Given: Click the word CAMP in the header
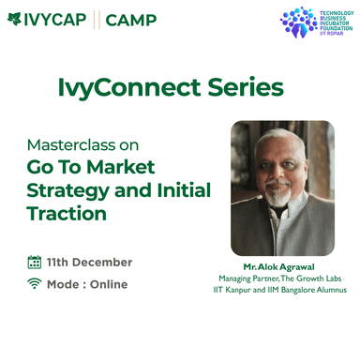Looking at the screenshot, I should [x=132, y=19].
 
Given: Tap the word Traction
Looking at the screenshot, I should [x=66, y=214].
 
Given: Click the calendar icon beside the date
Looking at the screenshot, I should [x=35, y=263].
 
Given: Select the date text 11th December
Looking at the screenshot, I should [x=89, y=263].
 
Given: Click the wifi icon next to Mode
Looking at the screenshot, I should [x=35, y=284].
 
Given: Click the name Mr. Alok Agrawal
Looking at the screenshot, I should [x=281, y=266].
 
